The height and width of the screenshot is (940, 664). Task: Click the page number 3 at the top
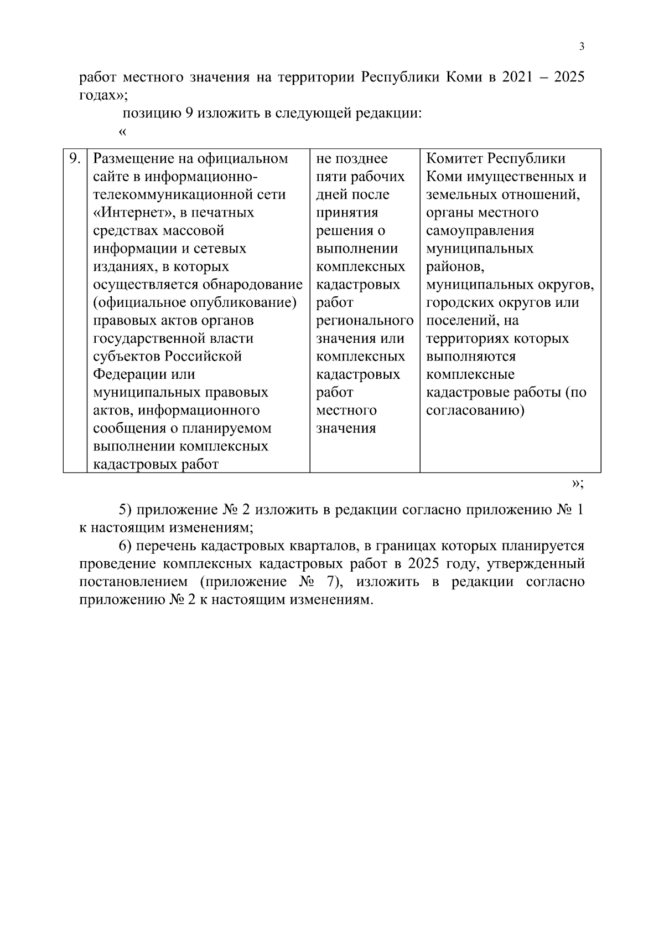click(582, 47)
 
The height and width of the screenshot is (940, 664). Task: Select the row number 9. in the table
click(75, 158)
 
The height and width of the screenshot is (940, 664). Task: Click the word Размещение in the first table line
click(133, 159)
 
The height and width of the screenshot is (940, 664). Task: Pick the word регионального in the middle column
click(365, 321)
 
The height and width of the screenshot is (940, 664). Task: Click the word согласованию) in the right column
click(475, 410)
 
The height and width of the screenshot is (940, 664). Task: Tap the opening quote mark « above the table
click(123, 132)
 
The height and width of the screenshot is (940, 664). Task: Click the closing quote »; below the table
click(577, 483)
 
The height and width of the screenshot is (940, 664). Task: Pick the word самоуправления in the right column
click(480, 230)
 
